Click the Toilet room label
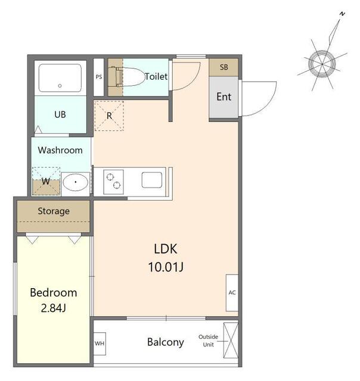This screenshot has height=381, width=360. pyautogui.click(x=156, y=77)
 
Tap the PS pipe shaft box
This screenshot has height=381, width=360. pyautogui.click(x=98, y=77)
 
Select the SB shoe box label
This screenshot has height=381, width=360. pyautogui.click(x=224, y=67)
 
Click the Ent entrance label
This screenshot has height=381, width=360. pyautogui.click(x=224, y=96)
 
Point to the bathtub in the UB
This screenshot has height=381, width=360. pyautogui.click(x=60, y=78)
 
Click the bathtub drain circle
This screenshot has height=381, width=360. pyautogui.click(x=60, y=86)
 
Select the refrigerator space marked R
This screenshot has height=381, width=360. pyautogui.click(x=109, y=116)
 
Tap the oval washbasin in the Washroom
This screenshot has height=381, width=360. pyautogui.click(x=76, y=182)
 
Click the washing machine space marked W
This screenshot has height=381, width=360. pyautogui.click(x=46, y=181)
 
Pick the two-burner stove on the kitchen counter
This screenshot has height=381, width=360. pyautogui.click(x=113, y=182)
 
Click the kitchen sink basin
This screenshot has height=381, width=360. pyautogui.click(x=152, y=180)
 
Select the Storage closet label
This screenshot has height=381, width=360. pyautogui.click(x=54, y=211)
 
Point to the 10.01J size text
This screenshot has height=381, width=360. pyautogui.click(x=166, y=267)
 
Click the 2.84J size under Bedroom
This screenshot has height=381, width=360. pyautogui.click(x=53, y=308)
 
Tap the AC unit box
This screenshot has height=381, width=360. pyautogui.click(x=232, y=293)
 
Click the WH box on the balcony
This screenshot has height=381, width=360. pyautogui.click(x=100, y=343)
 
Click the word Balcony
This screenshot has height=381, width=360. pyautogui.click(x=166, y=342)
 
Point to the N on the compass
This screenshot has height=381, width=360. pyautogui.click(x=343, y=14)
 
